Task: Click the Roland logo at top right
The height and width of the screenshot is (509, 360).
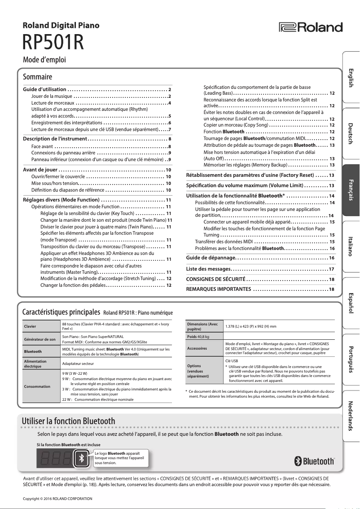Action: pos(311,27)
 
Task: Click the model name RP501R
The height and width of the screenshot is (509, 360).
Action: pos(53,43)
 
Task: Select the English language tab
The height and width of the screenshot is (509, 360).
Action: pos(351,79)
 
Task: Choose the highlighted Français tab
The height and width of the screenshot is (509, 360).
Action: pos(351,189)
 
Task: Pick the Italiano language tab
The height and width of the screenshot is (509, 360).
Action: pos(351,245)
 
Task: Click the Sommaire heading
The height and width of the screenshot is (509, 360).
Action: pos(38,77)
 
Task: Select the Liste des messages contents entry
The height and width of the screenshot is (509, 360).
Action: pos(208,269)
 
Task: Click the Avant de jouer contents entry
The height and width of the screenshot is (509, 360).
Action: pos(40,170)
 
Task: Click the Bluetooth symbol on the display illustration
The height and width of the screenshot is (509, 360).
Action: pos(81,458)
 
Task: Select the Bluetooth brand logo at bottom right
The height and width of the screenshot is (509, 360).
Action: pos(314,461)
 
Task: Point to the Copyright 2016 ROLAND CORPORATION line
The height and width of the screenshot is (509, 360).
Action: pos(57,499)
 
